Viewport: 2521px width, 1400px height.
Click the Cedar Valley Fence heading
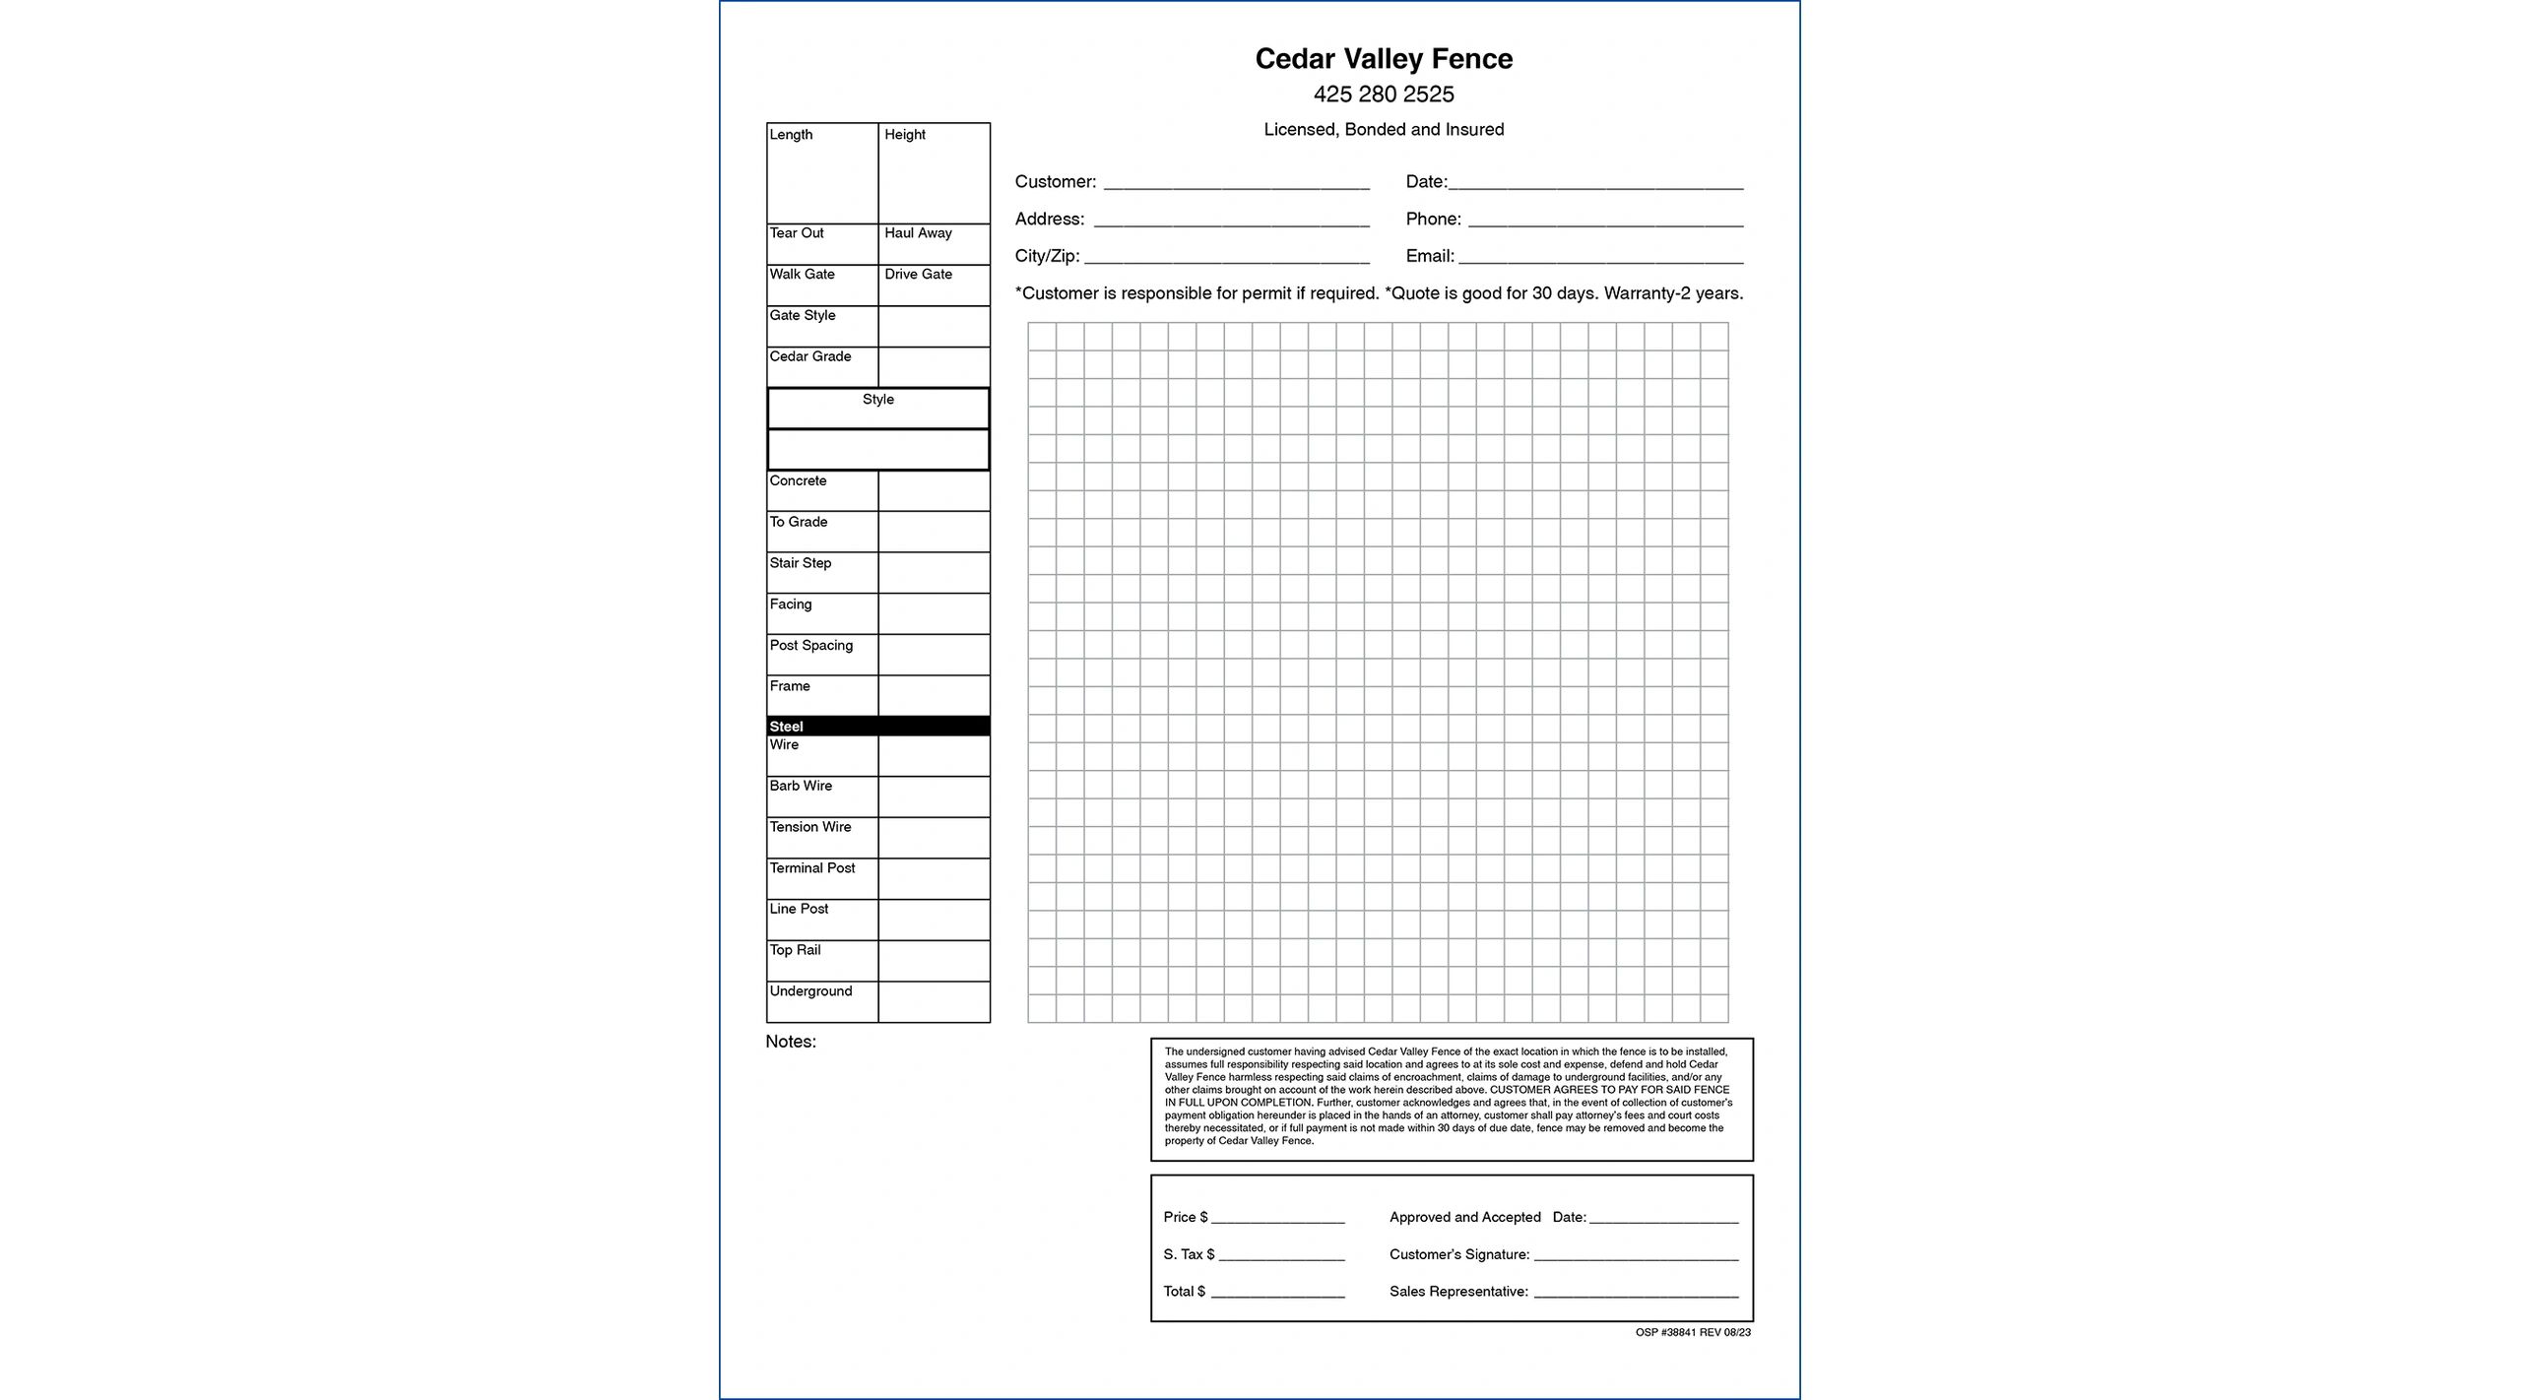[1383, 59]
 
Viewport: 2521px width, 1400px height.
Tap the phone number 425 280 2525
[1383, 95]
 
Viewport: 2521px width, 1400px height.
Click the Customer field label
[1055, 182]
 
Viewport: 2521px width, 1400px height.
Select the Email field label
[1429, 256]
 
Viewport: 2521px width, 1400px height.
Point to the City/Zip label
[1047, 256]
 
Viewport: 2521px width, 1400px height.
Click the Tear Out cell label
[797, 233]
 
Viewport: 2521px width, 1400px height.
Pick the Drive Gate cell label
[918, 275]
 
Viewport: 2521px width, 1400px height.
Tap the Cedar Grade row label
[809, 356]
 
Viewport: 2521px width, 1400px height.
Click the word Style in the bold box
[877, 400]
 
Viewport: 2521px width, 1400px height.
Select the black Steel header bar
[877, 727]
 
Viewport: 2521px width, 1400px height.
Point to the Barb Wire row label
[801, 786]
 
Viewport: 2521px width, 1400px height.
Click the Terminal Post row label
[811, 868]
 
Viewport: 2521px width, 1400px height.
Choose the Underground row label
[810, 991]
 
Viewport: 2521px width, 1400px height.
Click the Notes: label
[791, 1042]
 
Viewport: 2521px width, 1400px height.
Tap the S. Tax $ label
[1189, 1254]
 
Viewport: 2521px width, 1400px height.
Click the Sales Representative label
[1458, 1292]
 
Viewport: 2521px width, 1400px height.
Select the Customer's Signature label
[1458, 1254]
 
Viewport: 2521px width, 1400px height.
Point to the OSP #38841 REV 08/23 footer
[1693, 1333]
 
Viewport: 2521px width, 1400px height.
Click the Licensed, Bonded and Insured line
[1383, 130]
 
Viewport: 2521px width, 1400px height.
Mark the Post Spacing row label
[810, 646]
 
